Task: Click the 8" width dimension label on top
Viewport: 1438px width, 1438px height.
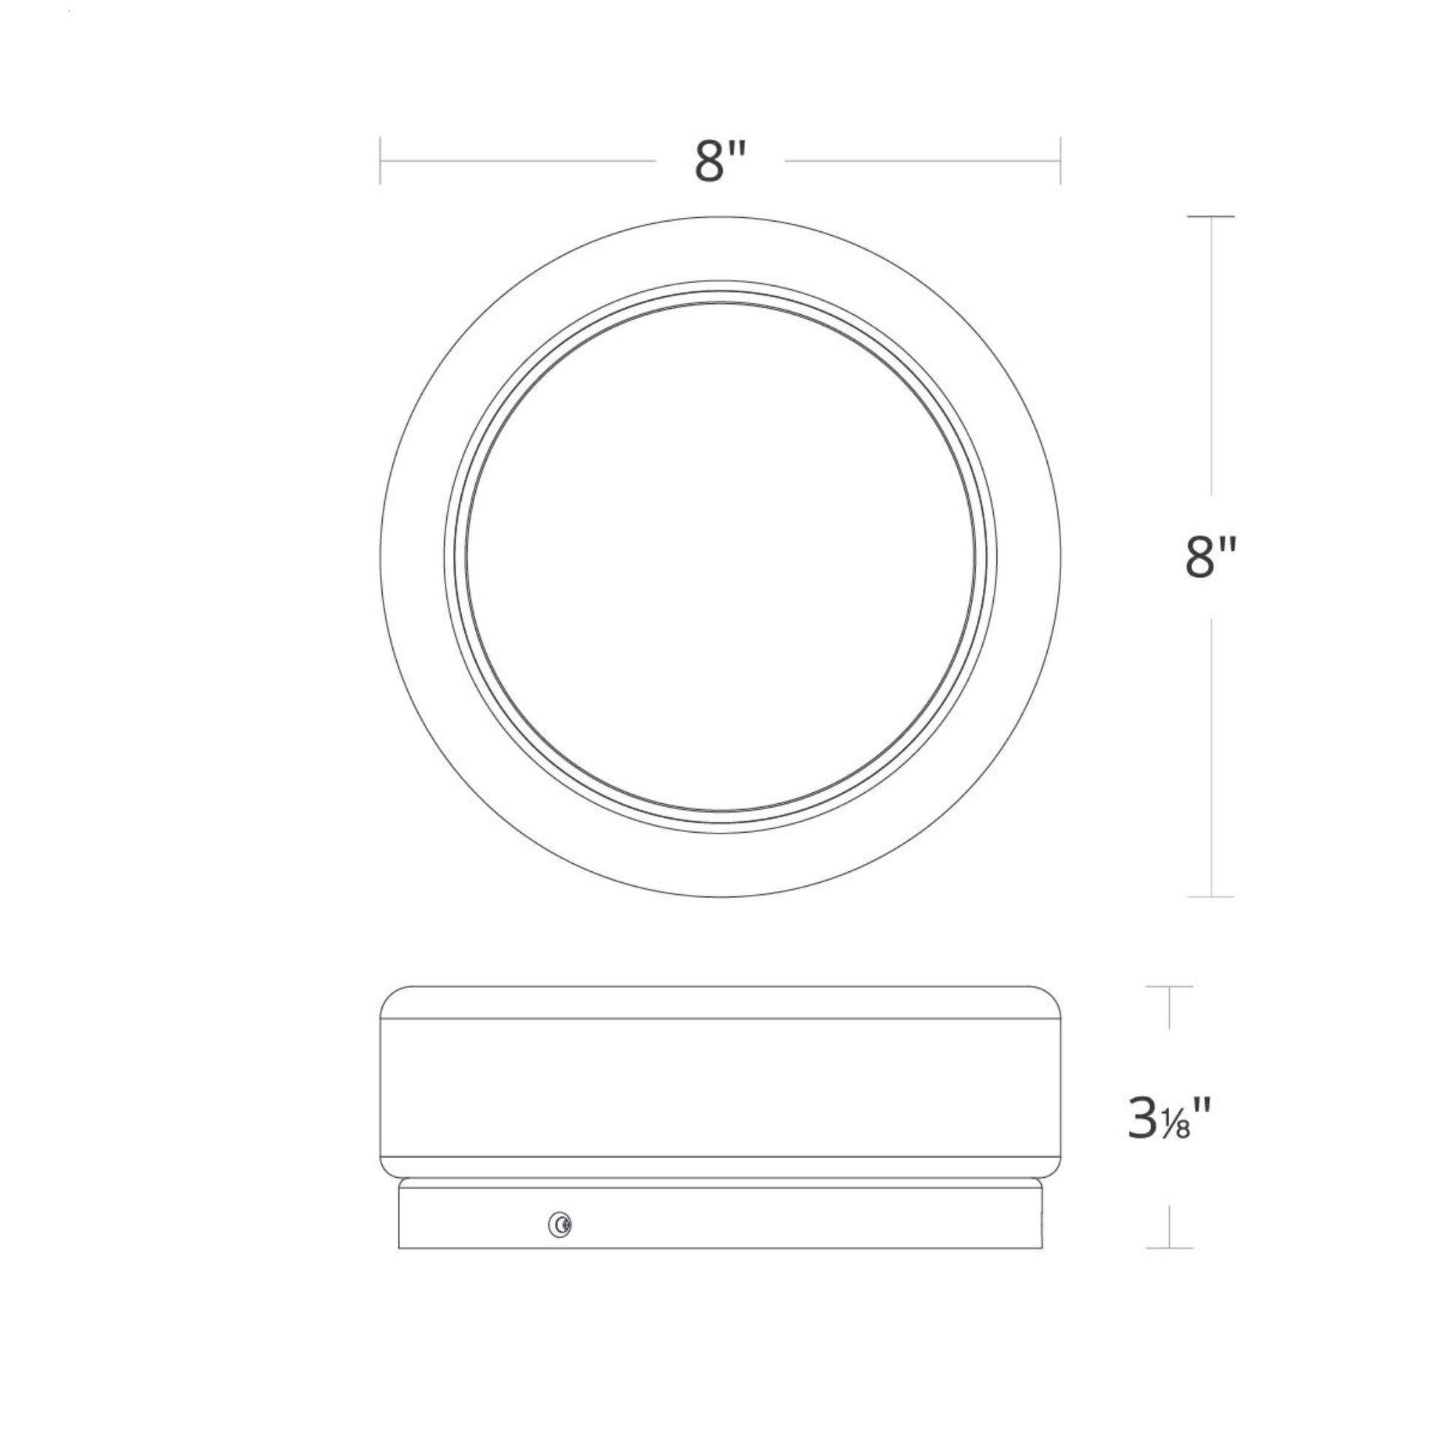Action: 720,161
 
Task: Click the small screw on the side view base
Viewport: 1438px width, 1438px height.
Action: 559,1224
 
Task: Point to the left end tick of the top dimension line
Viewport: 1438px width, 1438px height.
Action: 381,161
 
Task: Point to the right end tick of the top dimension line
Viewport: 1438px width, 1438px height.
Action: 1060,161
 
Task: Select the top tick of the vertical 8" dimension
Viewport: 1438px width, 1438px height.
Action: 1211,217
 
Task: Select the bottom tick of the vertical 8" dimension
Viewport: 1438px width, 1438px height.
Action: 1211,896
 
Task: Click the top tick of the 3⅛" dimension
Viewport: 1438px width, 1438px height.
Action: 1169,987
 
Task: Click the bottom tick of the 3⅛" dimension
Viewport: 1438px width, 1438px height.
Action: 1169,1248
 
